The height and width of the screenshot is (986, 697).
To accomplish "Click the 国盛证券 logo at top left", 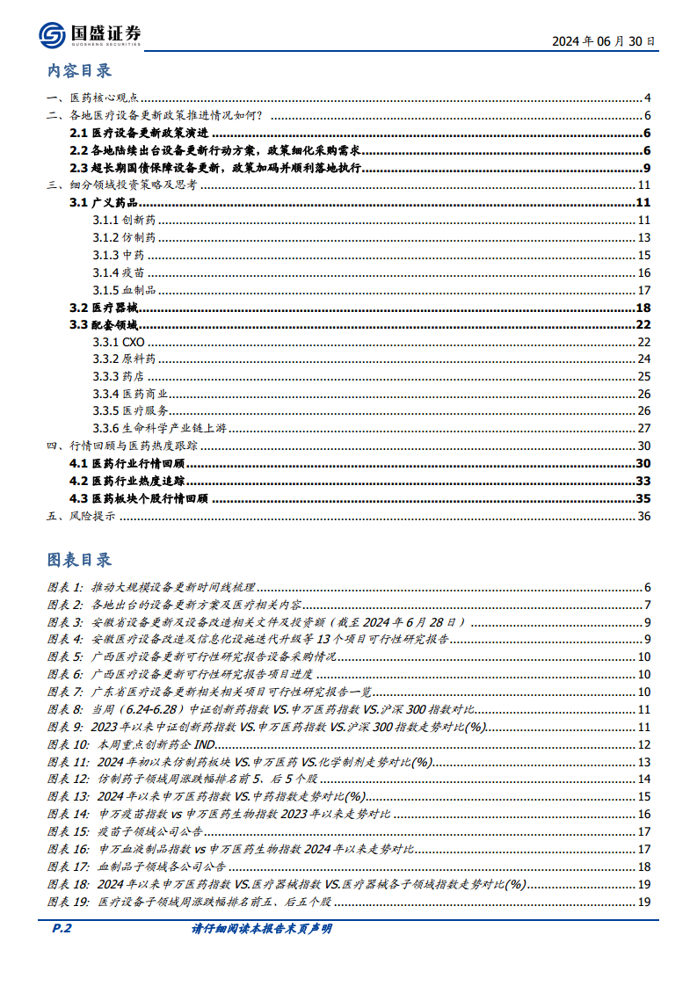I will [90, 34].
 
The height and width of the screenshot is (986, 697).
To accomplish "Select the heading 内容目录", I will [79, 71].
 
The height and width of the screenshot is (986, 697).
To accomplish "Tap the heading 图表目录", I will [79, 560].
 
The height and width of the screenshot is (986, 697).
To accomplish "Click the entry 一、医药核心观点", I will [91, 98].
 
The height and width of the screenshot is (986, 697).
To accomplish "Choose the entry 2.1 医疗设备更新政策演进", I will [139, 134].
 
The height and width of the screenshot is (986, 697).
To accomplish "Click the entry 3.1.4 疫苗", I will [119, 272].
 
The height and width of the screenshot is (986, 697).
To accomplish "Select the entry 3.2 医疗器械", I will [104, 308].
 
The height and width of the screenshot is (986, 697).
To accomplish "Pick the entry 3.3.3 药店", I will [119, 376].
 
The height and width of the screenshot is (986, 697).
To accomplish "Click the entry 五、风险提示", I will [80, 516].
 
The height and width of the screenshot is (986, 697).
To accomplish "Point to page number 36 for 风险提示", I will [643, 516].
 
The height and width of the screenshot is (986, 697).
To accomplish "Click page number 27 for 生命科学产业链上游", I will [643, 428].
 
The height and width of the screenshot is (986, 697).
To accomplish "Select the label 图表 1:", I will [64, 587].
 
